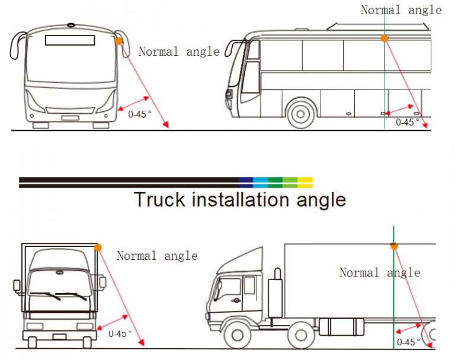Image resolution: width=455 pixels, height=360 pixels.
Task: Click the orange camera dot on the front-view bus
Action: coord(118,41)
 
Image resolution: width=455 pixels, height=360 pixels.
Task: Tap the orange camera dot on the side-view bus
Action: coord(384,38)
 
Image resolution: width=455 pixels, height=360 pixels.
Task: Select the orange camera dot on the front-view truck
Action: coord(98,247)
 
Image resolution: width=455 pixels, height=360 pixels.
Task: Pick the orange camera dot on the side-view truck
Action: coord(393,245)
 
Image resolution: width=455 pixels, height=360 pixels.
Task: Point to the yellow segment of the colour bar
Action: coord(305,182)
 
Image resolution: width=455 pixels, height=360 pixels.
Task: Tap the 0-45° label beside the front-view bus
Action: coord(140,114)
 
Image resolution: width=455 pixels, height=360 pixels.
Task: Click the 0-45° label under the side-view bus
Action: coord(407,122)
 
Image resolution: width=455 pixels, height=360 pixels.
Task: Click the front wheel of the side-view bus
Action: coord(302,114)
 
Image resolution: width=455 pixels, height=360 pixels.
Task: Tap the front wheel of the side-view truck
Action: coord(238,336)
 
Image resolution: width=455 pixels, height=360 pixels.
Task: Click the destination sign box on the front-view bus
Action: coord(70,40)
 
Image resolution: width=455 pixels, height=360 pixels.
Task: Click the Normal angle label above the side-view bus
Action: coord(401,9)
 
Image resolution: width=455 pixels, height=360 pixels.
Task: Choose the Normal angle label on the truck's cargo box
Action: coord(380,273)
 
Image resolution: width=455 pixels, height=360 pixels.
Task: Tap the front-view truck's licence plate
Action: coord(59,337)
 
